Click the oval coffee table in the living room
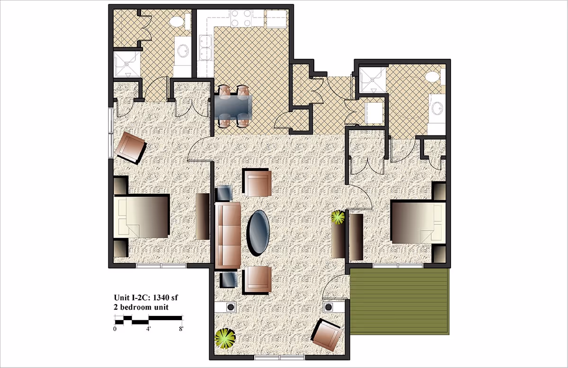[x=259, y=233]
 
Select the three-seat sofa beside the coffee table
[x=228, y=235]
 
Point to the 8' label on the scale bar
[x=181, y=328]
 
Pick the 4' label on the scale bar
[x=148, y=328]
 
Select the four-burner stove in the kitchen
[x=240, y=18]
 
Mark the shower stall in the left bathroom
[x=127, y=64]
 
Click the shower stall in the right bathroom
[x=373, y=80]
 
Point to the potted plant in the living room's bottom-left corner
[x=225, y=338]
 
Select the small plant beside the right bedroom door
[x=337, y=217]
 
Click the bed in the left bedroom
[x=142, y=216]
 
